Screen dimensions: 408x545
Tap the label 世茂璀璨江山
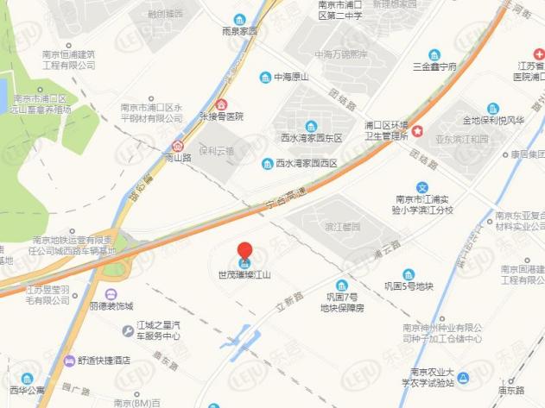[245, 276]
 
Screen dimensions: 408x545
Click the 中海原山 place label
[290, 78]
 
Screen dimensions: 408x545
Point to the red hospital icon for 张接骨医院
[223, 104]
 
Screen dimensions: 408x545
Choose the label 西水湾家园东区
[312, 137]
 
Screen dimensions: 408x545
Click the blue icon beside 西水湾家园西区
[268, 162]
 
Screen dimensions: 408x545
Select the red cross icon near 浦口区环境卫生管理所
[418, 131]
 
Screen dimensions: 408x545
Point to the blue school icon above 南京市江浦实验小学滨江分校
[422, 187]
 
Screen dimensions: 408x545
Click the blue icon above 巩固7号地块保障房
[342, 285]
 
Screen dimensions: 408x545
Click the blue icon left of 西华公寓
[26, 378]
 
